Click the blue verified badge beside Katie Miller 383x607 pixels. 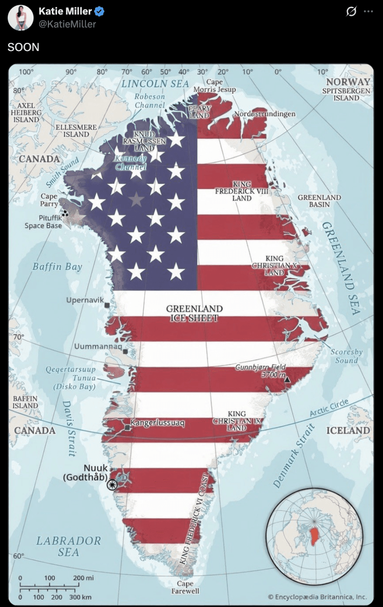(99, 11)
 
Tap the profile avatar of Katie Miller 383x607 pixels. (20, 18)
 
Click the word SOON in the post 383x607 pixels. (23, 47)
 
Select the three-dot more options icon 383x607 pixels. (368, 11)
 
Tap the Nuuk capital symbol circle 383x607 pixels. (112, 485)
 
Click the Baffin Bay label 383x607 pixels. (57, 267)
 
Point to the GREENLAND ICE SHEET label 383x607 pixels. (194, 313)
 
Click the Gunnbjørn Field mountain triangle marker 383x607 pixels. (287, 380)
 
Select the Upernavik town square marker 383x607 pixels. (107, 305)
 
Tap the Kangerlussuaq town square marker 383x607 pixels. (127, 427)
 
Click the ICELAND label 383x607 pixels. (348, 430)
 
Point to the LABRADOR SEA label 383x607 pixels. (68, 546)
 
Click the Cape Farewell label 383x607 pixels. (185, 587)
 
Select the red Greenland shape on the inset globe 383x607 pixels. (314, 536)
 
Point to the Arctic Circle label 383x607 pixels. (329, 407)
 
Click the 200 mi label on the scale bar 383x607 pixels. (83, 578)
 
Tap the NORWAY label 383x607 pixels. (348, 82)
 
